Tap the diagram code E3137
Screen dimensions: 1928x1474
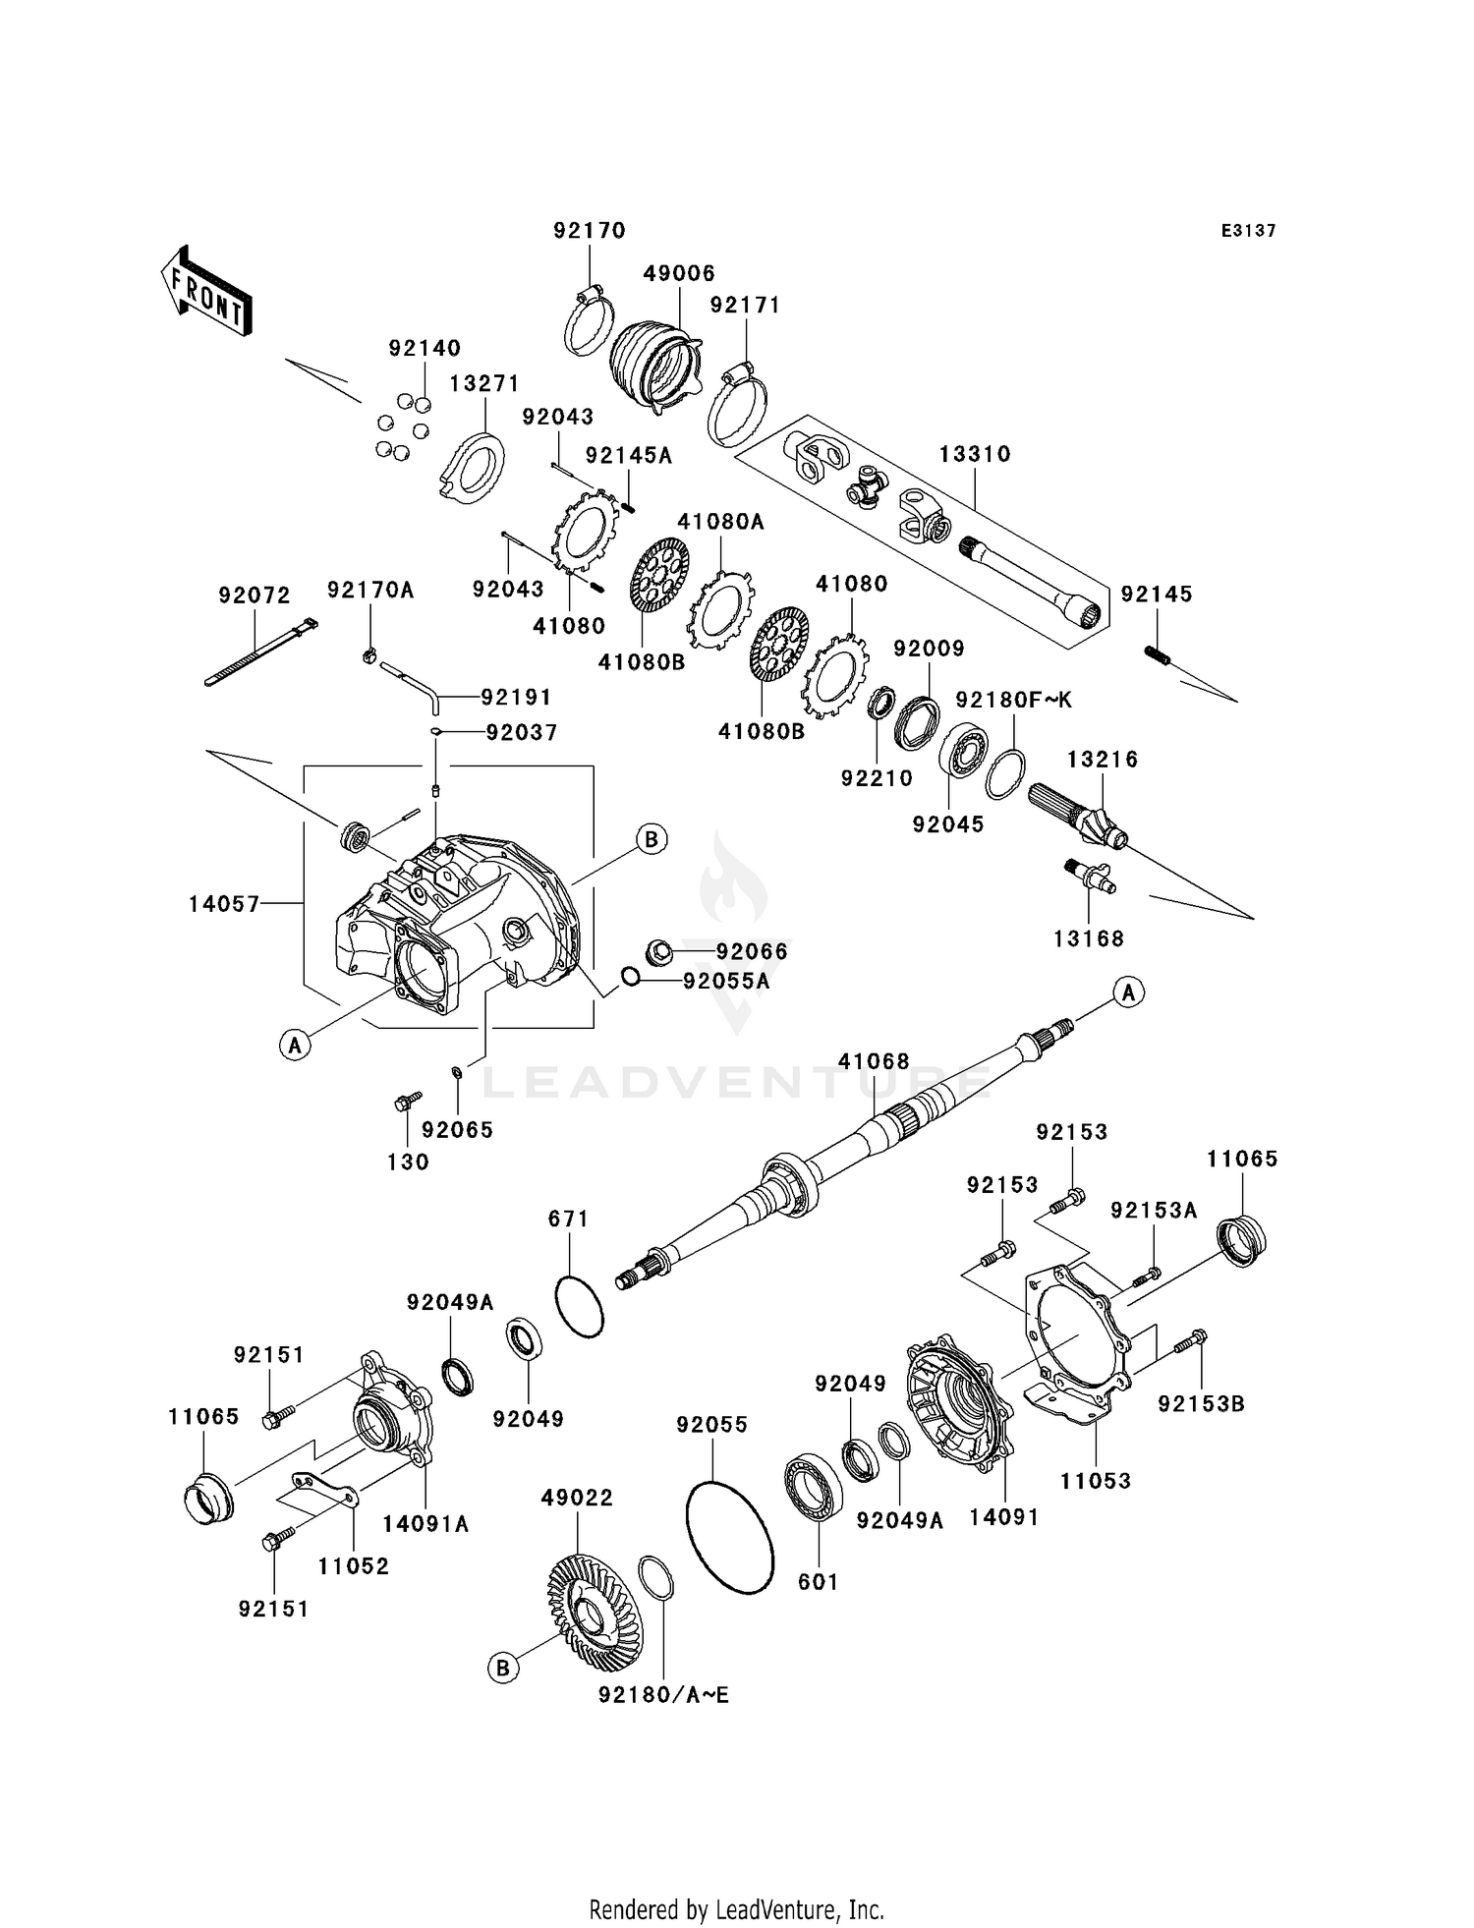(x=1248, y=231)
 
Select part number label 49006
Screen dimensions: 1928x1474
(x=679, y=273)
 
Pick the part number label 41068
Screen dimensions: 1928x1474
(x=874, y=1061)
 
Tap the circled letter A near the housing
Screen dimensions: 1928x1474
(x=295, y=1046)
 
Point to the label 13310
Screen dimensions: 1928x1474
(x=975, y=454)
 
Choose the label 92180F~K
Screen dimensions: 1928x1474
(x=1014, y=700)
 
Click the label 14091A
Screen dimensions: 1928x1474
(x=425, y=1524)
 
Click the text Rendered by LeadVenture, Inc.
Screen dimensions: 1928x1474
(x=736, y=1909)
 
